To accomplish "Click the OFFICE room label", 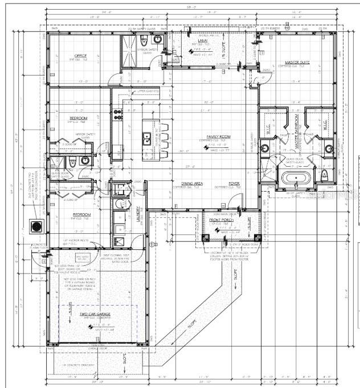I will click(x=80, y=55).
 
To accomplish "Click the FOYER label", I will click(x=234, y=183).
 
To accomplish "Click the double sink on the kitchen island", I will click(x=147, y=138).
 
